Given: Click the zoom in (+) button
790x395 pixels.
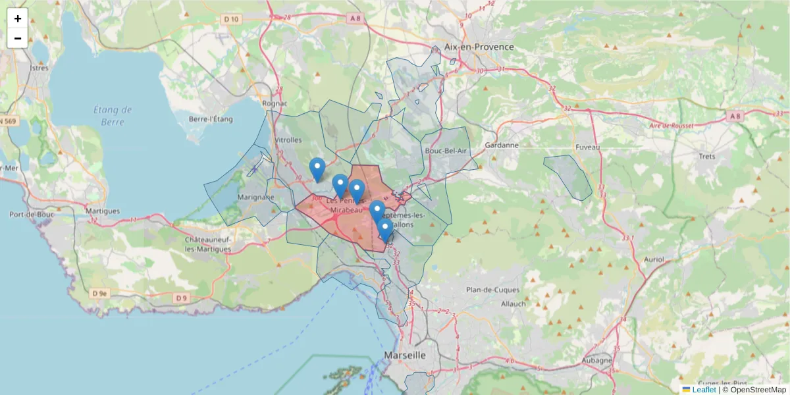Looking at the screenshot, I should pyautogui.click(x=18, y=18).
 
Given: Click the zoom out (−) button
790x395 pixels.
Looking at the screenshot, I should pyautogui.click(x=18, y=38).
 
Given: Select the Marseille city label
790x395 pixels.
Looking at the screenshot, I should pyautogui.click(x=404, y=355).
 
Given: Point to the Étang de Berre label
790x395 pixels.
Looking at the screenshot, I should pyautogui.click(x=113, y=115).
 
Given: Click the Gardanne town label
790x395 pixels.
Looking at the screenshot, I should pyautogui.click(x=502, y=145).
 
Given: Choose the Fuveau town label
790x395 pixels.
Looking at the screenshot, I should pyautogui.click(x=587, y=147).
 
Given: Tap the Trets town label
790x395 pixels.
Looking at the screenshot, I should pyautogui.click(x=706, y=156).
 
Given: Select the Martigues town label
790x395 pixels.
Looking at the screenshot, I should pyautogui.click(x=103, y=211).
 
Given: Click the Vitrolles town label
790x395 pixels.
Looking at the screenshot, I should pyautogui.click(x=288, y=140).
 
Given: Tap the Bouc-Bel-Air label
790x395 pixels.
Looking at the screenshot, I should pyautogui.click(x=446, y=151).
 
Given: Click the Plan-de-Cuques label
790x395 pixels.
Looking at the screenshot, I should pyautogui.click(x=492, y=290).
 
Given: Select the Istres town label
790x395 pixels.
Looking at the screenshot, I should pyautogui.click(x=39, y=68).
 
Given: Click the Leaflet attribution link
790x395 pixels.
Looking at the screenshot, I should pyautogui.click(x=704, y=390).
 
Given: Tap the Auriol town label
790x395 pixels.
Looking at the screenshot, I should pyautogui.click(x=656, y=259).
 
